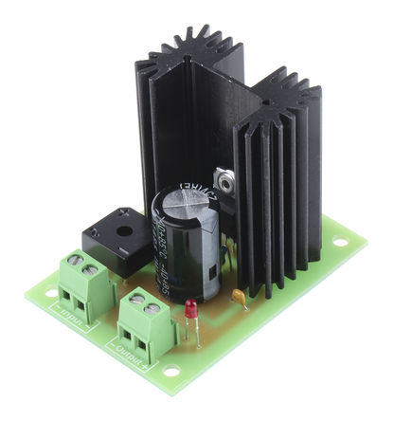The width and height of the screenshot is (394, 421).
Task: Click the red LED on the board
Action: [x=189, y=310]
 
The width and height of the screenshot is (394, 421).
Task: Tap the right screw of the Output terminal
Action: [x=152, y=307]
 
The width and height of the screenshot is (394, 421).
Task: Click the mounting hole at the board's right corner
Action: [x=338, y=242]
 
